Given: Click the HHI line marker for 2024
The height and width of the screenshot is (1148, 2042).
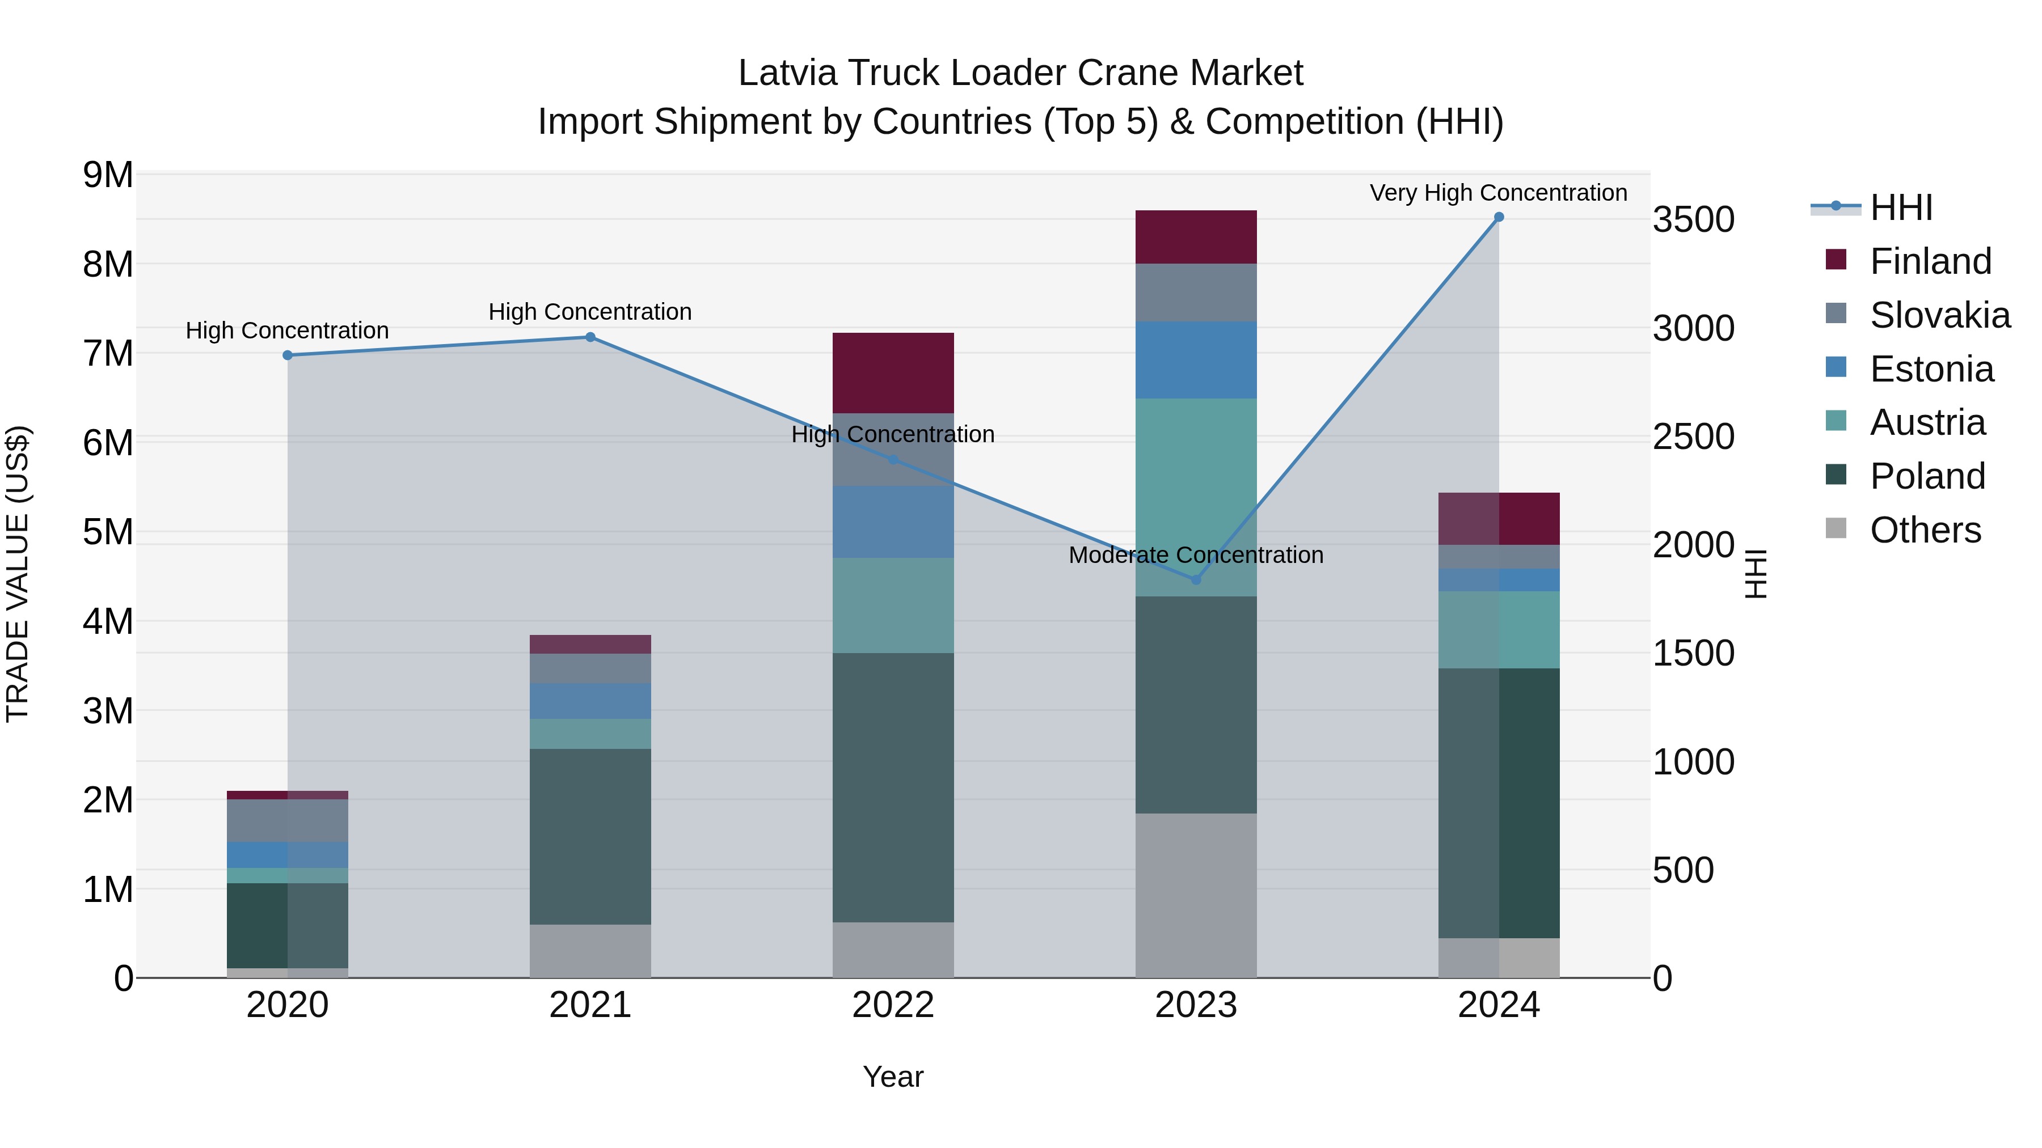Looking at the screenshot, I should [1498, 217].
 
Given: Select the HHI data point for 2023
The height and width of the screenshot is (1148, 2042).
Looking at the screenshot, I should [1196, 580].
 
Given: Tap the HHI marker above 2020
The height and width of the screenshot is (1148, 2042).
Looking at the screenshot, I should [288, 355].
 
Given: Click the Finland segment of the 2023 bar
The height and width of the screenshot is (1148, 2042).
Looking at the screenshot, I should [1196, 237].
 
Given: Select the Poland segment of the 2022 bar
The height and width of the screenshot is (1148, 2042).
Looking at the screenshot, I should [893, 787].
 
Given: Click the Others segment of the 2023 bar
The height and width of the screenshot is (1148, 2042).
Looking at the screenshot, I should [1196, 895].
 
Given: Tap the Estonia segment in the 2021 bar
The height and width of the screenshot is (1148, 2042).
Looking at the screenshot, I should [590, 701].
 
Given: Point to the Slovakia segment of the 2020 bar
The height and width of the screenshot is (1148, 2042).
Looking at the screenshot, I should [288, 821].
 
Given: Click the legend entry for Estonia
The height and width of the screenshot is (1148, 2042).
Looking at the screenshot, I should [1931, 369].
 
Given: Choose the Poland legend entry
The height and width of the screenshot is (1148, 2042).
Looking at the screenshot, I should [1927, 476].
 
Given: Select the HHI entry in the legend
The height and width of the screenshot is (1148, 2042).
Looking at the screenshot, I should [1901, 207].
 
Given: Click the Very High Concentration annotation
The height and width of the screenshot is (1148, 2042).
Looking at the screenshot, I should [1498, 193].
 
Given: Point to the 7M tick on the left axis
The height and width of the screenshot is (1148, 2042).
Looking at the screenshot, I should [108, 353].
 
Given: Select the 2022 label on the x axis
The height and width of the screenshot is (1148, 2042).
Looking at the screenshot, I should [893, 1005].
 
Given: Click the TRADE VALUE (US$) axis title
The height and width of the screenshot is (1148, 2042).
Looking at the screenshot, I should [18, 574].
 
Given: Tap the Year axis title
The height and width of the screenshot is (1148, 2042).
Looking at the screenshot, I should [893, 1077].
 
